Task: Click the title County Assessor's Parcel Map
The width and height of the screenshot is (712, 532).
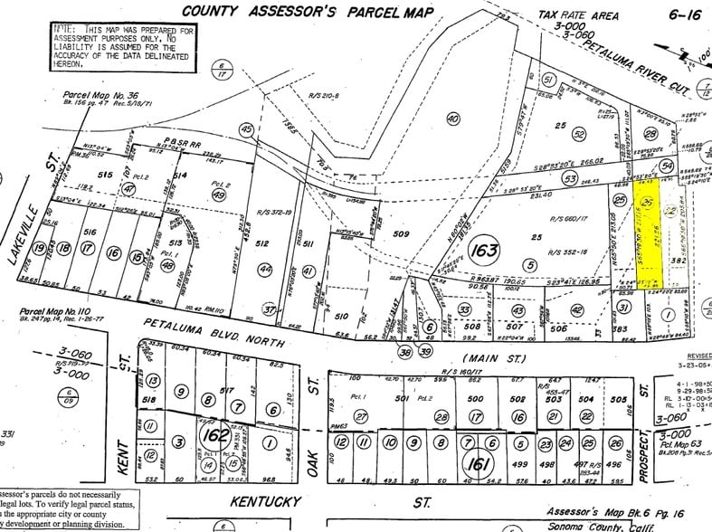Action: tap(308, 11)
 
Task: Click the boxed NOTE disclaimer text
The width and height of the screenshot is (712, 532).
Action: tap(123, 46)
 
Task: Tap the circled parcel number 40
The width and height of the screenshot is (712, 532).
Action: tap(453, 119)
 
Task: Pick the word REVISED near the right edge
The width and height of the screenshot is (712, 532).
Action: tap(697, 356)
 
